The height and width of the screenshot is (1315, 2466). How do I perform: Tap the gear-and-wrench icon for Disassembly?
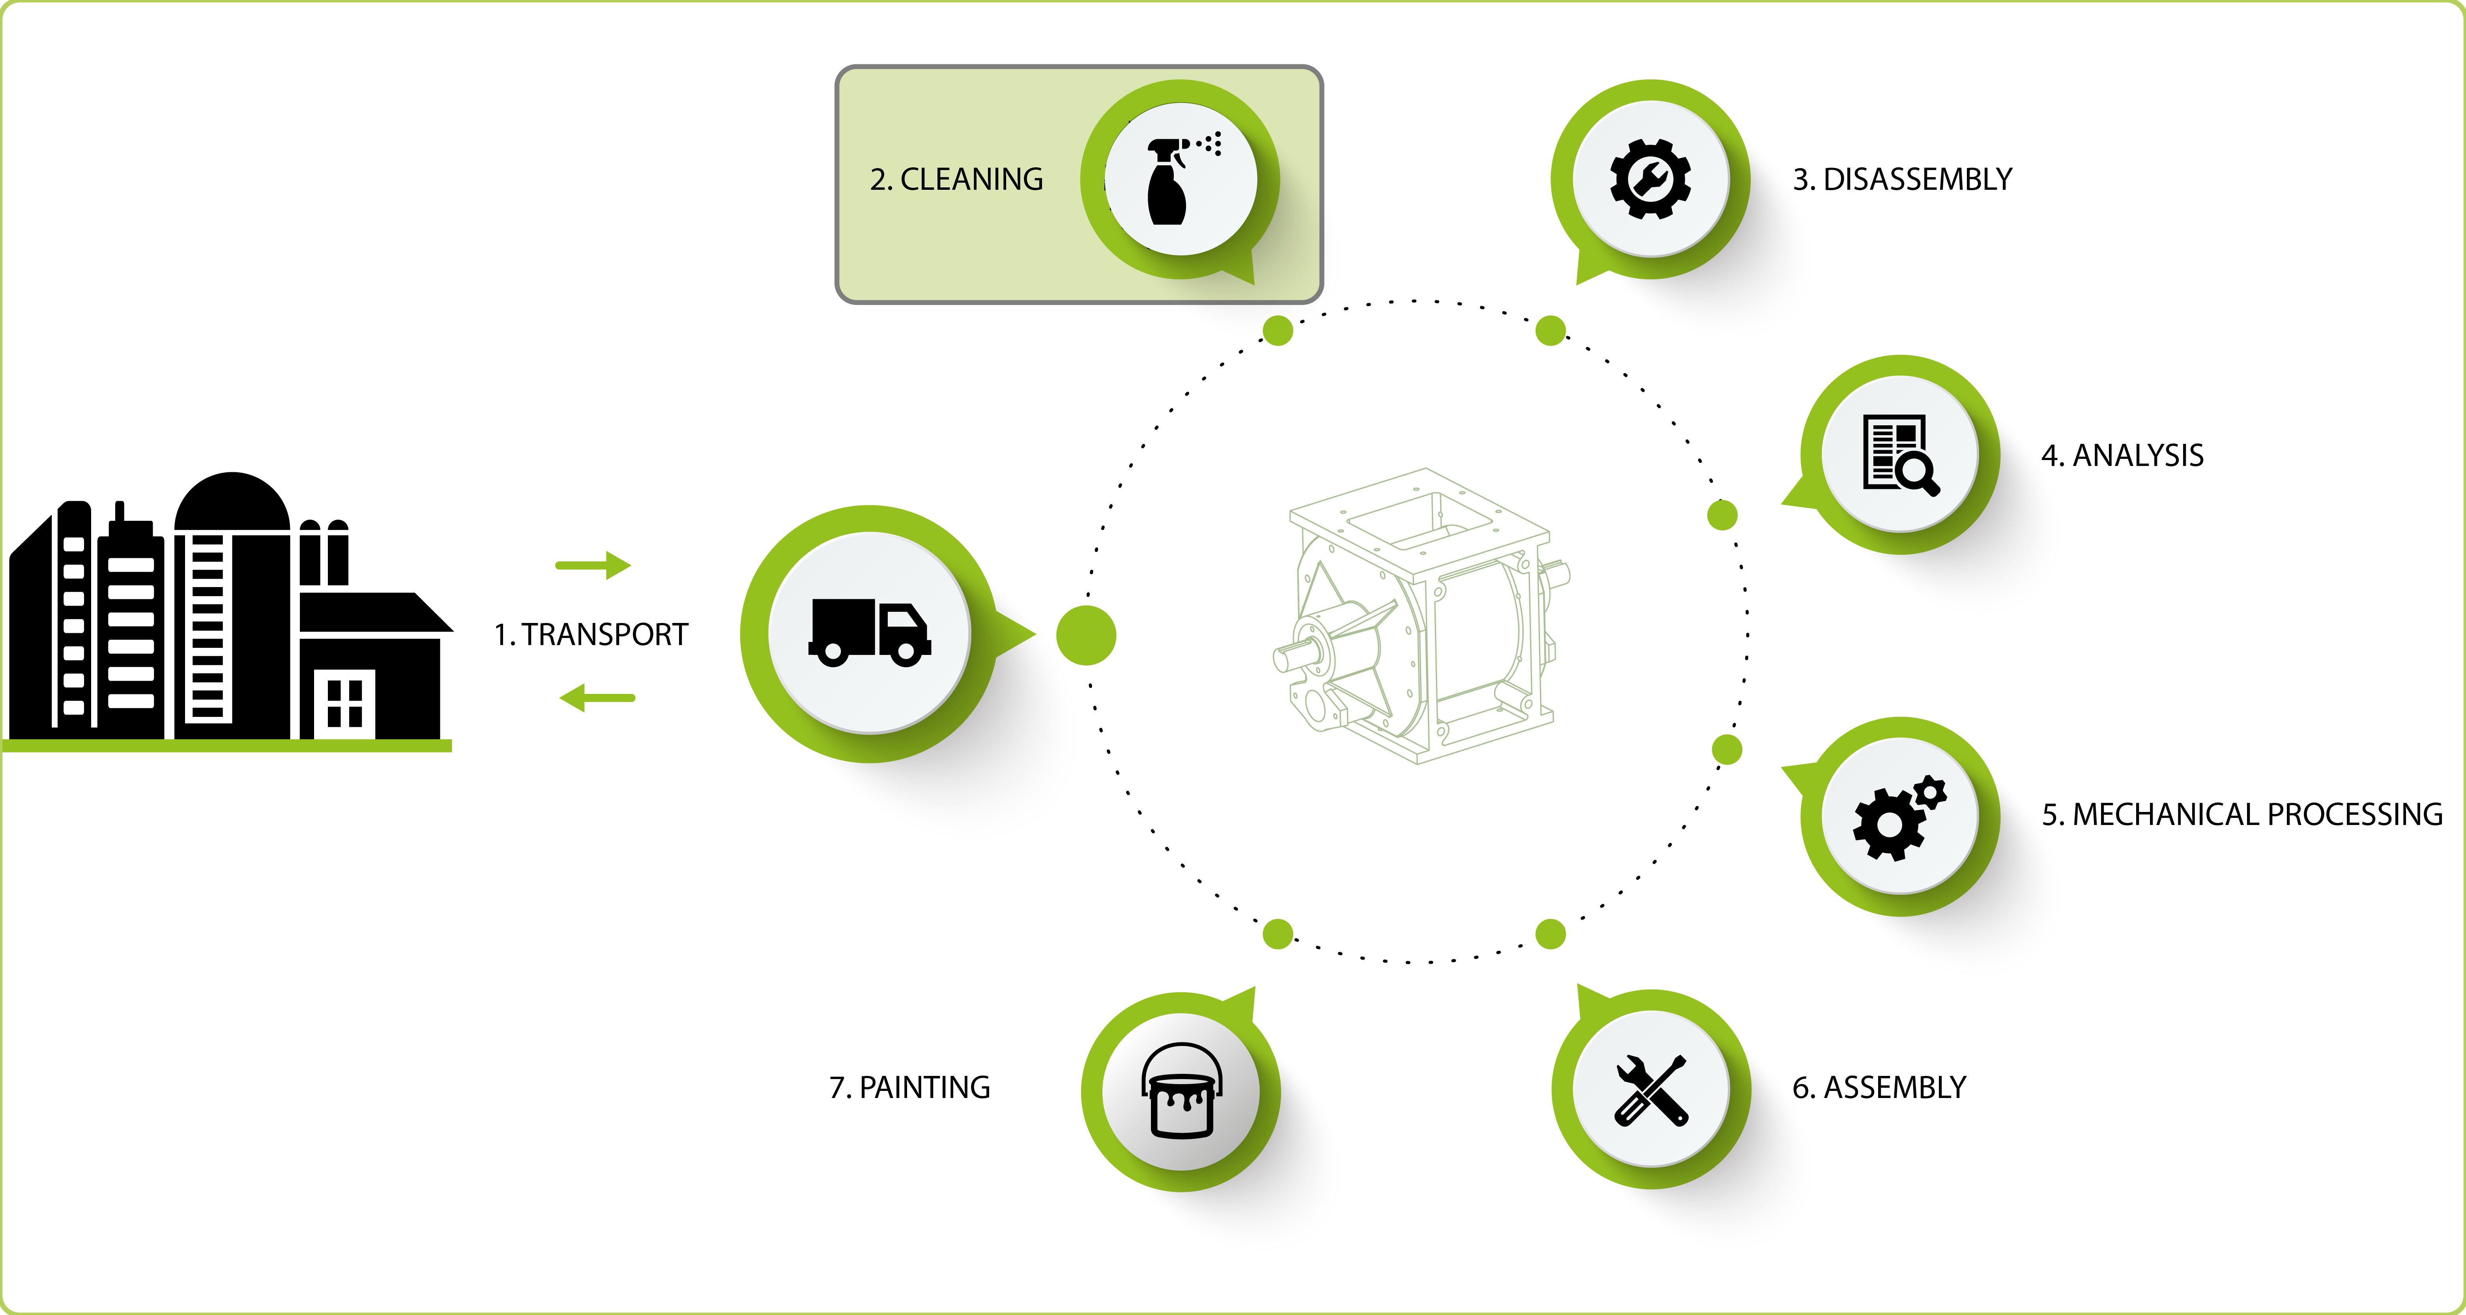tap(1650, 179)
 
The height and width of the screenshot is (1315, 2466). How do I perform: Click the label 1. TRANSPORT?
tap(591, 634)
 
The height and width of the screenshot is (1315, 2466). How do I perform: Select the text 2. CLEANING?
tap(956, 179)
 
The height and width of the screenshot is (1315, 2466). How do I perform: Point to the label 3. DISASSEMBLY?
tap(1902, 179)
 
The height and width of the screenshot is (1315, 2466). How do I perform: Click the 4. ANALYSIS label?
tap(2122, 456)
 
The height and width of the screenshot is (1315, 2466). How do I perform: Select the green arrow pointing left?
tap(597, 698)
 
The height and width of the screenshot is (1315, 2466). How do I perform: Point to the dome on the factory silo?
tap(232, 501)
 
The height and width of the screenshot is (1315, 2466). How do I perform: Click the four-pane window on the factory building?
tap(344, 703)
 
